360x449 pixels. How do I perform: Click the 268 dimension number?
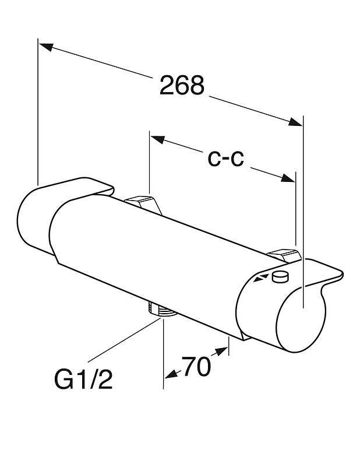[x=182, y=85]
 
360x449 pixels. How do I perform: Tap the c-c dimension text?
[x=226, y=159]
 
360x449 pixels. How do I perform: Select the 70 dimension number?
[x=196, y=367]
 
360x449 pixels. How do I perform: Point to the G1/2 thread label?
[x=83, y=380]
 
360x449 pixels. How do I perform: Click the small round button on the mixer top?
[x=280, y=277]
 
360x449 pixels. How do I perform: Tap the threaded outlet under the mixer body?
[x=162, y=310]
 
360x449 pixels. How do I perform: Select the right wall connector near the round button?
[x=284, y=255]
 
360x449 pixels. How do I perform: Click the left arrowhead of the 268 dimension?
[x=47, y=47]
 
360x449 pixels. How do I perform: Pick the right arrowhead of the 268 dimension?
[x=295, y=122]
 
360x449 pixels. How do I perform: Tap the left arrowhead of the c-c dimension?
[x=158, y=139]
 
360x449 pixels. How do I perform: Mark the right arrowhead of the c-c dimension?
[x=288, y=178]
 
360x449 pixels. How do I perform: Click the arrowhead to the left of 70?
[x=171, y=374]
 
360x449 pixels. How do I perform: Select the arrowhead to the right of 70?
[x=221, y=351]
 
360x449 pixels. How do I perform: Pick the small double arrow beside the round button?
[x=262, y=278]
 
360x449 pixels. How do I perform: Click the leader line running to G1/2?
[x=125, y=341]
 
